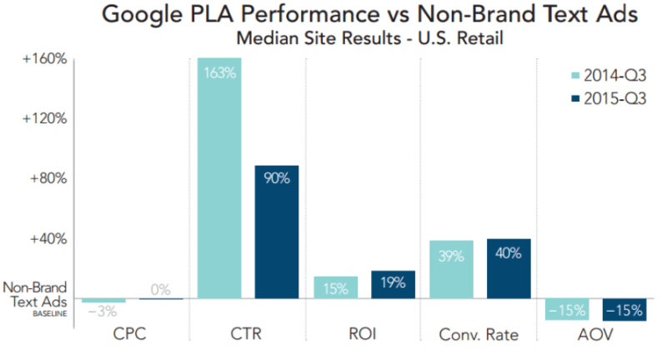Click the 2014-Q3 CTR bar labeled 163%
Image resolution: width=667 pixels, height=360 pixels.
pyautogui.click(x=218, y=178)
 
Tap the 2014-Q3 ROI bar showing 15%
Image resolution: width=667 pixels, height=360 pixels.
pyautogui.click(x=336, y=287)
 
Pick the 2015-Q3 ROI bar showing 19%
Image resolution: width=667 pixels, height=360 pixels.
pyautogui.click(x=394, y=284)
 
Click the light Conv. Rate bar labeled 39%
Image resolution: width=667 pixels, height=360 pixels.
pyautogui.click(x=451, y=269)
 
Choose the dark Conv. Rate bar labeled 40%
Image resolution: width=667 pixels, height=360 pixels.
pyautogui.click(x=509, y=268)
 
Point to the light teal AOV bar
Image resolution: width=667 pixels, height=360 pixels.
pyautogui.click(x=566, y=309)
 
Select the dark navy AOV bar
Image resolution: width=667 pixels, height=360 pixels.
pyautogui.click(x=624, y=309)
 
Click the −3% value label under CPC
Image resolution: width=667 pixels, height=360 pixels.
pyautogui.click(x=103, y=312)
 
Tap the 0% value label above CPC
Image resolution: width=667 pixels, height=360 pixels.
pyautogui.click(x=160, y=290)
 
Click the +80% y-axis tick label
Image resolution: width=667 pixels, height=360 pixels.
pyautogui.click(x=45, y=178)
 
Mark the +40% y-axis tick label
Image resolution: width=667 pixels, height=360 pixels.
pyautogui.click(x=45, y=238)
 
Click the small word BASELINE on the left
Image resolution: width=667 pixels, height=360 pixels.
pyautogui.click(x=50, y=313)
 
